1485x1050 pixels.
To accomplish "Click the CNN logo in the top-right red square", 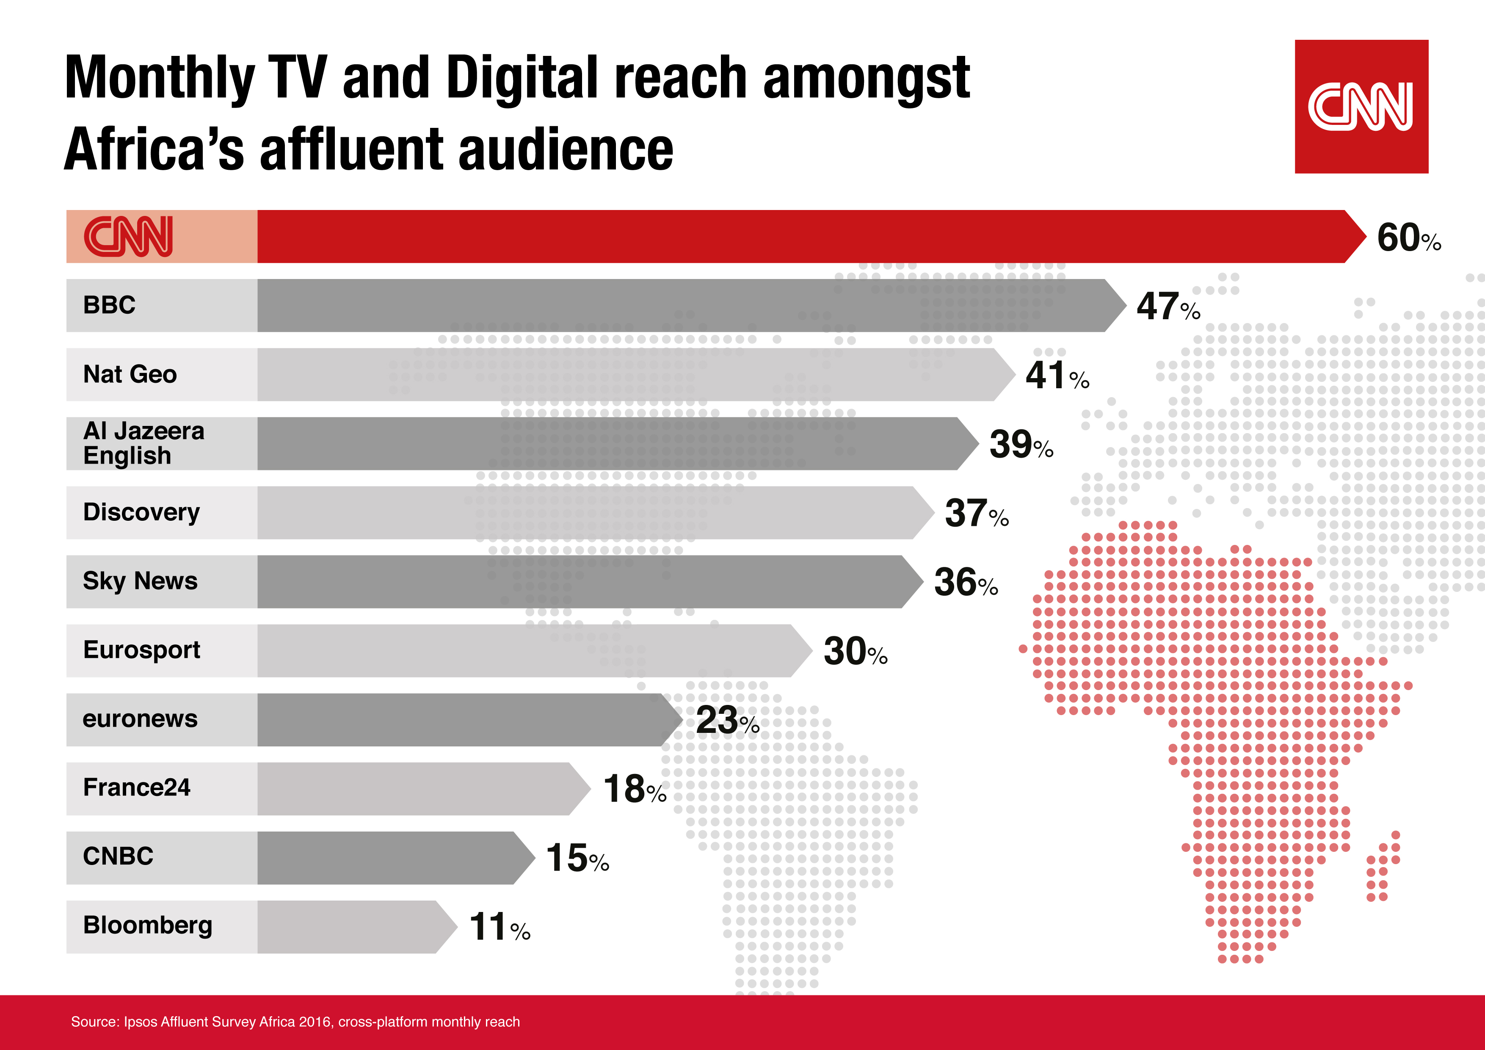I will tap(1361, 106).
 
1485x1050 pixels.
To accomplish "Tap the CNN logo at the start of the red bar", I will tap(129, 236).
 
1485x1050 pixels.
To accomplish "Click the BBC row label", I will tap(109, 305).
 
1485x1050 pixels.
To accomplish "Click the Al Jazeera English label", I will tap(143, 443).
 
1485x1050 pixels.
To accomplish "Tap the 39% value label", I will tap(1021, 445).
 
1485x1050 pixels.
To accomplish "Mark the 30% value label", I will tap(854, 652).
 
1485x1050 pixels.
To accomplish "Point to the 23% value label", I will tap(726, 720).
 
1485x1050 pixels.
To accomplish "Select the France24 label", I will tap(136, 788).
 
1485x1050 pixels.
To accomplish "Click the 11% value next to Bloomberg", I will tap(499, 927).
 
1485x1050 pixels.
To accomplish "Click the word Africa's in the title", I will tap(154, 150).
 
